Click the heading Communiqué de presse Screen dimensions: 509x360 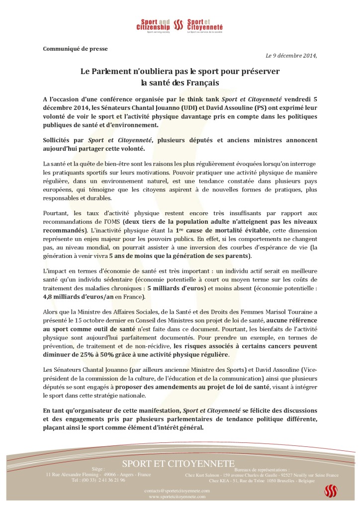75,48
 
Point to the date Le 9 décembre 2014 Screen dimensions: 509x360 291,55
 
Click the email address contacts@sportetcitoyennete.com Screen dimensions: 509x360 178,491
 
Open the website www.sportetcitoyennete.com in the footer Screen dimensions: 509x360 178,497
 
